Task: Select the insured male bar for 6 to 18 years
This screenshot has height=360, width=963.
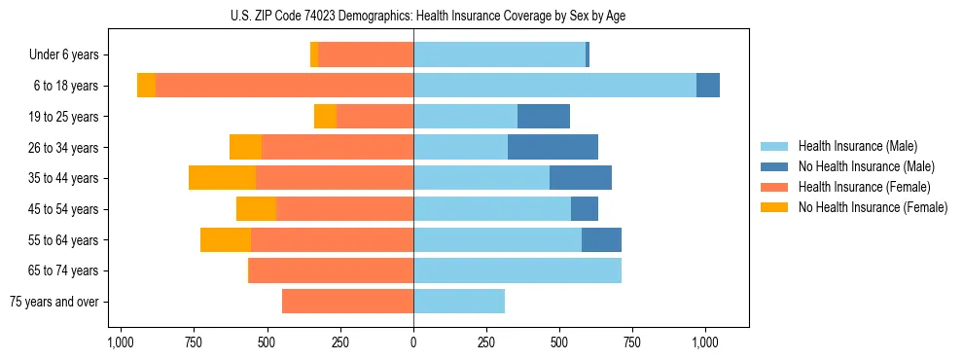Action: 554,86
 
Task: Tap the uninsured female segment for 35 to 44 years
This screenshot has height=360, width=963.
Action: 222,178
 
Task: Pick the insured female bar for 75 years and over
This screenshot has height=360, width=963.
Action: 347,302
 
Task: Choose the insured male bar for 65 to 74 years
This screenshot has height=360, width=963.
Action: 517,270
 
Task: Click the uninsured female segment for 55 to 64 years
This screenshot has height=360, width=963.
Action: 226,239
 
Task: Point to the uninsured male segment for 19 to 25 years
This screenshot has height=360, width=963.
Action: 544,117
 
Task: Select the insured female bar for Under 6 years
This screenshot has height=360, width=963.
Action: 366,54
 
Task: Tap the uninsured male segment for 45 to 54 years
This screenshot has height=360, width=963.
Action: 585,209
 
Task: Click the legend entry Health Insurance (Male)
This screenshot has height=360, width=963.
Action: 857,147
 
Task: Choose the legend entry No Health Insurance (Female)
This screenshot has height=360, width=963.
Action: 873,207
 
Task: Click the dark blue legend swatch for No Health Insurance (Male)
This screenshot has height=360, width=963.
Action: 775,167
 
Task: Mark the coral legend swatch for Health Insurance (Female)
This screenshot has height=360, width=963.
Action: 775,187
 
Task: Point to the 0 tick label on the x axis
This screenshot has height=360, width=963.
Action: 413,342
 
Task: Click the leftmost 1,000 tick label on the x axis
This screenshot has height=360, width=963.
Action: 120,342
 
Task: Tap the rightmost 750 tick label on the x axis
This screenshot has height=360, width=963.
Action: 632,342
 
